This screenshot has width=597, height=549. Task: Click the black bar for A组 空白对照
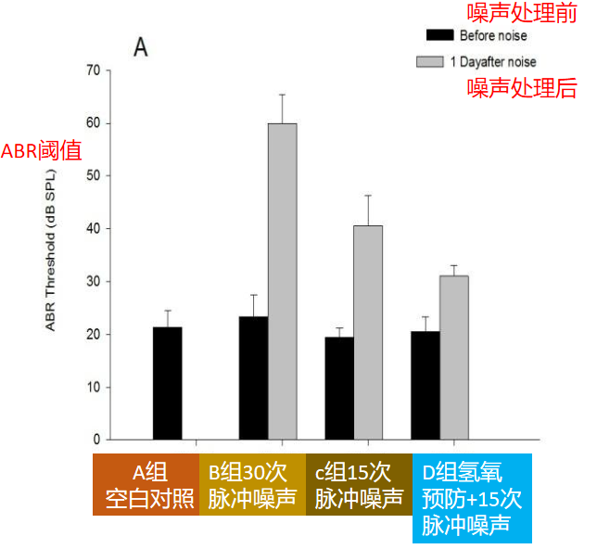(167, 383)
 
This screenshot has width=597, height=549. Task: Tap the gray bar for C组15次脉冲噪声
(368, 332)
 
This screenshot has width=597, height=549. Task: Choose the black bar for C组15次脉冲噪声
(339, 388)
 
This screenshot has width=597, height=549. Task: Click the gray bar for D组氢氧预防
(454, 357)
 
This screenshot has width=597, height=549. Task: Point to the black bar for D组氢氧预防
(426, 385)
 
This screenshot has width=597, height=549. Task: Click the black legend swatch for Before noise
(438, 34)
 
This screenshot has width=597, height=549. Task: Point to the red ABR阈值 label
(35, 151)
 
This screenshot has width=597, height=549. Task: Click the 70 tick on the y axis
(92, 70)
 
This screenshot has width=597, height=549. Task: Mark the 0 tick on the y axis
(95, 440)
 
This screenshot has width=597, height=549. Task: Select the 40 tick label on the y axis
(92, 228)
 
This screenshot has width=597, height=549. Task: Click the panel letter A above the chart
(140, 46)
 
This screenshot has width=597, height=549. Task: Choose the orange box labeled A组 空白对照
(146, 485)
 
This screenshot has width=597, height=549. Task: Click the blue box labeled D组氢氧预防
(472, 498)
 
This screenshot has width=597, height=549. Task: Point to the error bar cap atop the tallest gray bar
(282, 95)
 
